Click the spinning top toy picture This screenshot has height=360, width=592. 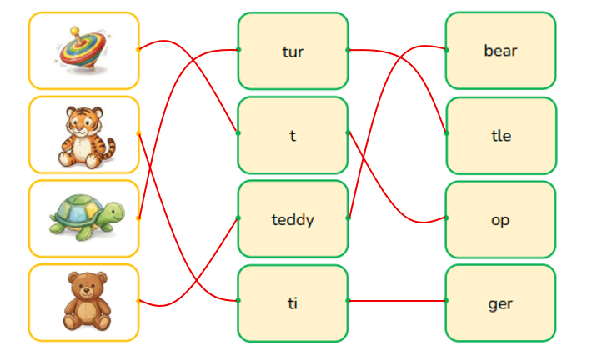click(x=83, y=49)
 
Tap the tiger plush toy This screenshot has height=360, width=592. click(x=85, y=137)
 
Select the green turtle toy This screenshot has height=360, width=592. click(x=87, y=217)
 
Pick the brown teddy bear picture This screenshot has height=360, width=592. click(x=87, y=301)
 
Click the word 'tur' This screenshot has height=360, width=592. click(x=293, y=52)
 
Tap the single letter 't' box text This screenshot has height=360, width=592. click(x=293, y=136)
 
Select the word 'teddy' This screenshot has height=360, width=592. click(x=293, y=220)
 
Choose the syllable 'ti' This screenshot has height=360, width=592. click(x=293, y=303)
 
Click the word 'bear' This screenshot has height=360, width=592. click(x=500, y=51)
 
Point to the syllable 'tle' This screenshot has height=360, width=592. click(x=501, y=136)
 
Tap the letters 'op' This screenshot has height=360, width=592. click(x=500, y=220)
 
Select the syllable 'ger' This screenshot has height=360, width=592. click(x=500, y=304)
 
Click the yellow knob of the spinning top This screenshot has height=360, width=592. click(x=75, y=31)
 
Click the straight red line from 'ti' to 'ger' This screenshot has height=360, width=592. click(x=397, y=301)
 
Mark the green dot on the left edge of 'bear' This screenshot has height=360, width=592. click(x=447, y=50)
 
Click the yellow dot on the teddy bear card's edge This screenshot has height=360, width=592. click(x=138, y=301)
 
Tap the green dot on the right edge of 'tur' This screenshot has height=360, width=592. click(x=348, y=50)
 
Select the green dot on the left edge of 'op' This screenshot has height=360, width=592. click(x=447, y=217)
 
